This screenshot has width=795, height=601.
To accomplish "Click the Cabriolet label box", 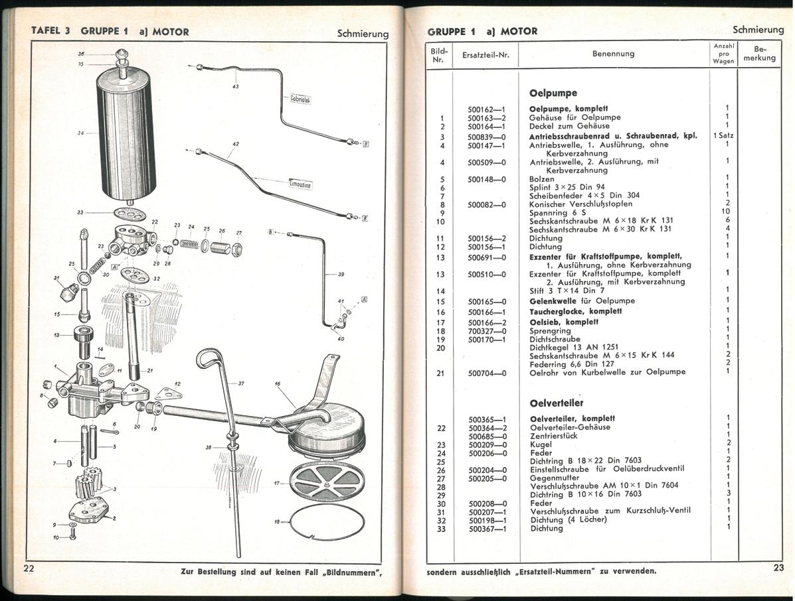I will click(300, 100).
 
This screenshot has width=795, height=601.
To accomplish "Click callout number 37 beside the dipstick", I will click(241, 383).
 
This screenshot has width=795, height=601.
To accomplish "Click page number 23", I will click(778, 567).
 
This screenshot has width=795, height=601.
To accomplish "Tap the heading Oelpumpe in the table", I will click(553, 93).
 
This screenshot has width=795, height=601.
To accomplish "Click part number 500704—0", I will click(487, 373).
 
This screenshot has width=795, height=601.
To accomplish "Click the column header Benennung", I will click(613, 54).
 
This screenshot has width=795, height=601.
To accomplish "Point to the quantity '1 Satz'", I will click(723, 135).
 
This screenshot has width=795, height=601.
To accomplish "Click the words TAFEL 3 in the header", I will click(51, 31).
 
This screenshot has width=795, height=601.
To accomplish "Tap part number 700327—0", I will click(487, 330).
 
